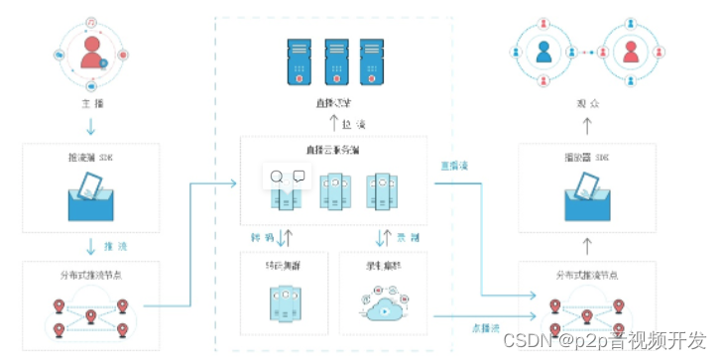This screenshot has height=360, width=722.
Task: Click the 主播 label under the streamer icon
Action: (90, 102)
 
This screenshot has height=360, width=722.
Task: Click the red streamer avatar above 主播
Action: (91, 51)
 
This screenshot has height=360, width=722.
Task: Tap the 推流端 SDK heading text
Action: (90, 158)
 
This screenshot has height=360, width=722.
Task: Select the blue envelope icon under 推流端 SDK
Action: (90, 198)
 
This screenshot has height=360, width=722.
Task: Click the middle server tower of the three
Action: (334, 60)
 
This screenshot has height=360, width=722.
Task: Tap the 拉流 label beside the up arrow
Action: (347, 123)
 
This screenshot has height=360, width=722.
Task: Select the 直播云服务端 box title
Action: (333, 150)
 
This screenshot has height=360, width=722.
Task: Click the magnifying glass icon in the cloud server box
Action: (276, 178)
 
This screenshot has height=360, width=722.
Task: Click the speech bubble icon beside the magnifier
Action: (299, 178)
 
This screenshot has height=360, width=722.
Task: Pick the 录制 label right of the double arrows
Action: (408, 238)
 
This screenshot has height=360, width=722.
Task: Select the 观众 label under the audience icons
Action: (586, 102)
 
